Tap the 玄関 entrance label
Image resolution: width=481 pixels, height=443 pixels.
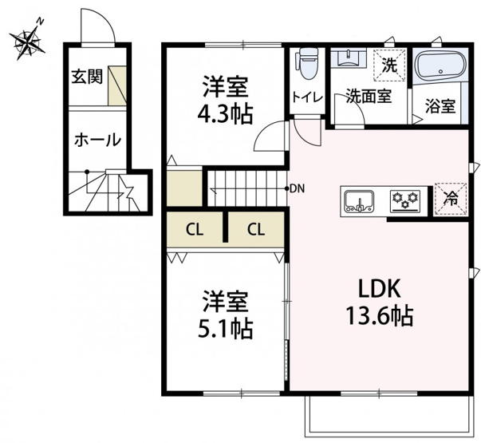coord(87,77)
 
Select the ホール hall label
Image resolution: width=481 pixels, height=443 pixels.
coord(98,140)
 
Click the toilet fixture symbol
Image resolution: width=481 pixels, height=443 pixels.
coord(306,64)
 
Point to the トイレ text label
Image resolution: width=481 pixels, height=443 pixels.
coord(307,97)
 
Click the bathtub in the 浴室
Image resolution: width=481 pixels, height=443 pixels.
coord(440,67)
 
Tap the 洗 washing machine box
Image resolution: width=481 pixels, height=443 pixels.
coord(390,65)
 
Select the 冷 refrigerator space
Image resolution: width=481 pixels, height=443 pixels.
coord(451,199)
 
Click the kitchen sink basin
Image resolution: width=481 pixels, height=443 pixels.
coord(359,202)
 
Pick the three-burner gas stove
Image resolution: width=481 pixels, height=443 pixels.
coord(405,201)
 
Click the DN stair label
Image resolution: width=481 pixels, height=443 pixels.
coord(298,189)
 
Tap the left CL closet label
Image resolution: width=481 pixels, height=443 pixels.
coord(195,229)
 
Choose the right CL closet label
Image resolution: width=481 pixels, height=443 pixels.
coord(256,229)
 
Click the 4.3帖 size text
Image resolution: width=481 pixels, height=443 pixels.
coord(226,114)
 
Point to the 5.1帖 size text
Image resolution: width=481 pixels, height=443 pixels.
coord(226,329)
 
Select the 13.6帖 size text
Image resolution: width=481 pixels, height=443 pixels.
coord(380,315)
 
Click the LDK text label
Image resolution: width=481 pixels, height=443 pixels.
coord(380,288)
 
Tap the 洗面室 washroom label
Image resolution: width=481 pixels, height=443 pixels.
coord(369,96)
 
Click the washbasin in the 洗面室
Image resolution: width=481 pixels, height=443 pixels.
coord(349,58)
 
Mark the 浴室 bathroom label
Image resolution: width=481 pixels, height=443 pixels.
coord(440,106)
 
